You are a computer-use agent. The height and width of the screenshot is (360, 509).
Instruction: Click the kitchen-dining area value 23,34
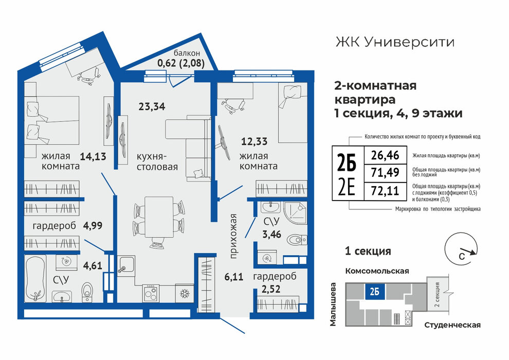[x=152, y=106]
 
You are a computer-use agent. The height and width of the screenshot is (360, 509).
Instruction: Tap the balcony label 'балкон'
[x=187, y=52]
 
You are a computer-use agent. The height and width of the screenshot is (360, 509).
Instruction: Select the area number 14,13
[x=93, y=156]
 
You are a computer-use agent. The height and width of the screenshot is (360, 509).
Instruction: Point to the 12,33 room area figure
[x=254, y=141]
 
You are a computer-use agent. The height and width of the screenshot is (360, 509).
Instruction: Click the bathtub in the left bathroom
[x=35, y=278]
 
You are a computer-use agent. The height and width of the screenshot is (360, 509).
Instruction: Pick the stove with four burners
[x=151, y=294]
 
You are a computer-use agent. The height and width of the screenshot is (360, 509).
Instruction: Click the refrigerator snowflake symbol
[x=185, y=294]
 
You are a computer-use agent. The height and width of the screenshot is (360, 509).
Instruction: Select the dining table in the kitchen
[x=159, y=217]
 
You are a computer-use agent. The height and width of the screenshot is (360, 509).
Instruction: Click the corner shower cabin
[x=295, y=212]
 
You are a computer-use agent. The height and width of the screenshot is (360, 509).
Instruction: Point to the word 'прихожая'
[x=233, y=236]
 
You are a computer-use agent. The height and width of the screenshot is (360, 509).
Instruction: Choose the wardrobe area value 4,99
[x=93, y=225]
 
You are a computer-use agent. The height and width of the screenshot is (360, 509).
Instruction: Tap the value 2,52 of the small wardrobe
[x=271, y=289]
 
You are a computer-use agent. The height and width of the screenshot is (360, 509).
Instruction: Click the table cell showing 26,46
[x=385, y=155]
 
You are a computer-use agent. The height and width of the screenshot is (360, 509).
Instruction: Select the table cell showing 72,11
[x=385, y=190]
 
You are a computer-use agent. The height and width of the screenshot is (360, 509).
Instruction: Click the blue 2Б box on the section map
[x=375, y=291]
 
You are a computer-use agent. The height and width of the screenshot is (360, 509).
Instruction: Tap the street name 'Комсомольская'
[x=377, y=271]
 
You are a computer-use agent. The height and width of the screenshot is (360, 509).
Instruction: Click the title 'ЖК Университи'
[x=395, y=42]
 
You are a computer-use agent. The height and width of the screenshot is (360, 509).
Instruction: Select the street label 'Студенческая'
[x=452, y=325]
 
